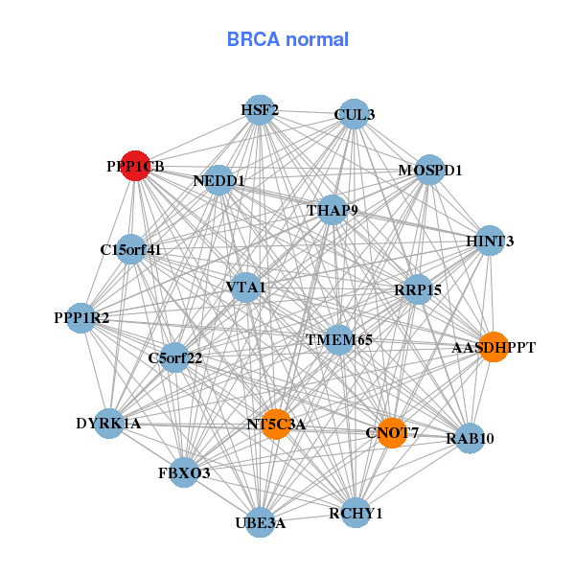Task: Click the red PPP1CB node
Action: [135, 165]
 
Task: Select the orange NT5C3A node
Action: [276, 424]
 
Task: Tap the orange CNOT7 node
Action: [391, 432]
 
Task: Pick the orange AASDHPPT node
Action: [493, 346]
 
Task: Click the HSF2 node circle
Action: [259, 109]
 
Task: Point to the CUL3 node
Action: [354, 114]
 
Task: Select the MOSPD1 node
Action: [430, 170]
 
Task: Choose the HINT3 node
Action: [489, 241]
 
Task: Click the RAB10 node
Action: [469, 438]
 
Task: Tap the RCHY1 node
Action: [356, 513]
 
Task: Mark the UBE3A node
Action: [261, 522]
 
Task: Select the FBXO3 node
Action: [184, 472]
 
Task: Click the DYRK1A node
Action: [108, 423]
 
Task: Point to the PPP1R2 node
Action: [80, 317]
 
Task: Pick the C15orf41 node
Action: [130, 250]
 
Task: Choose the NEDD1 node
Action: [218, 180]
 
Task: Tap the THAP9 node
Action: [332, 209]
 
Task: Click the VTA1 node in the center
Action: [246, 287]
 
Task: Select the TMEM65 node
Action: [339, 339]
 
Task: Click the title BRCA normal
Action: [287, 39]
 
